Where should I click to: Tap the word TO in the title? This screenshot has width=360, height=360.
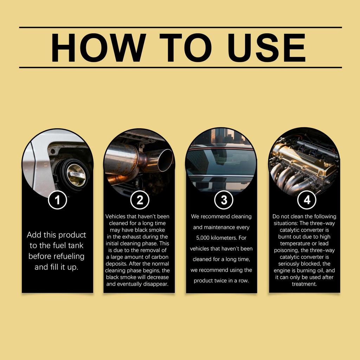(187, 47)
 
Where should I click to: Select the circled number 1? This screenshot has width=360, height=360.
(57, 200)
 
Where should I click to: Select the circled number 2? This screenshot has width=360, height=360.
(140, 200)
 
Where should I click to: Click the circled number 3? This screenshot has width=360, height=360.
(224, 200)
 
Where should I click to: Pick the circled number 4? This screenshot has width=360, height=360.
(307, 200)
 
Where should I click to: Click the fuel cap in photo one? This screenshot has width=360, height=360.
(75, 174)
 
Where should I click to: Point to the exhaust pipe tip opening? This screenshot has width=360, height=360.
(165, 160)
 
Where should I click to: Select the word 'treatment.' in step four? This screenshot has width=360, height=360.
(304, 284)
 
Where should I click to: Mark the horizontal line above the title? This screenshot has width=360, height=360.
(180, 27)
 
